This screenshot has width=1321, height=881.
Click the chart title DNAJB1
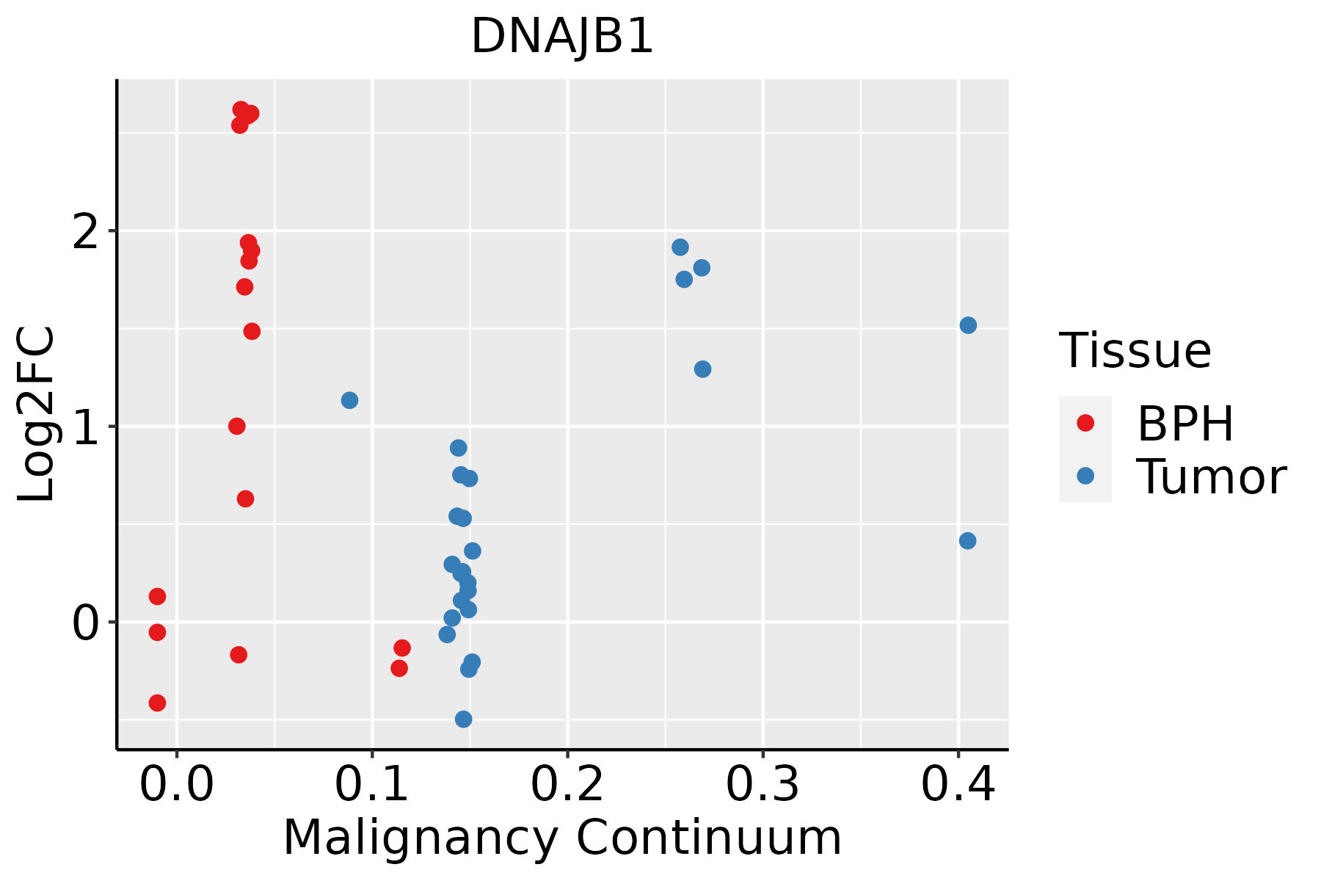(562, 37)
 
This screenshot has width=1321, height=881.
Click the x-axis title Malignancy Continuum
(562, 838)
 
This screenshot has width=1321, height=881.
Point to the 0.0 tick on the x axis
(177, 785)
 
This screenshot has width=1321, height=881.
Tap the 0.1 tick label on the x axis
(372, 785)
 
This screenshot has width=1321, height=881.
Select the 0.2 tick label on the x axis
(567, 785)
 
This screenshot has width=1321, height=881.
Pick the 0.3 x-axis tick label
(763, 785)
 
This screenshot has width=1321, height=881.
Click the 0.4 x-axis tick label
(958, 785)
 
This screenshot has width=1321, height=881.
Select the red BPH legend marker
(1085, 423)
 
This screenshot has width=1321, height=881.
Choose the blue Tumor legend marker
(1085, 476)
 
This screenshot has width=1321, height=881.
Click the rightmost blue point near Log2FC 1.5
(968, 325)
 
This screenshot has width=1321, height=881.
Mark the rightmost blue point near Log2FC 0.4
(967, 541)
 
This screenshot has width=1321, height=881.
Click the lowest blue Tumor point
(463, 719)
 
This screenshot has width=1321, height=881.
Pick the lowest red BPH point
(157, 703)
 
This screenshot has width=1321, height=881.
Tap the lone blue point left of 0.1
(349, 400)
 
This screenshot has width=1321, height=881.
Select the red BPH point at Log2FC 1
(236, 426)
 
